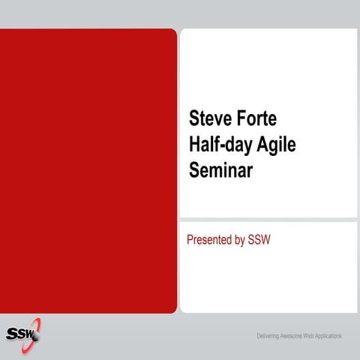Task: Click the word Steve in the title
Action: [211, 118]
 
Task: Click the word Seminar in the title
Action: [221, 169]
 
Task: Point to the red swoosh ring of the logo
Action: [37, 327]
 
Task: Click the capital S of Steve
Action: [193, 118]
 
